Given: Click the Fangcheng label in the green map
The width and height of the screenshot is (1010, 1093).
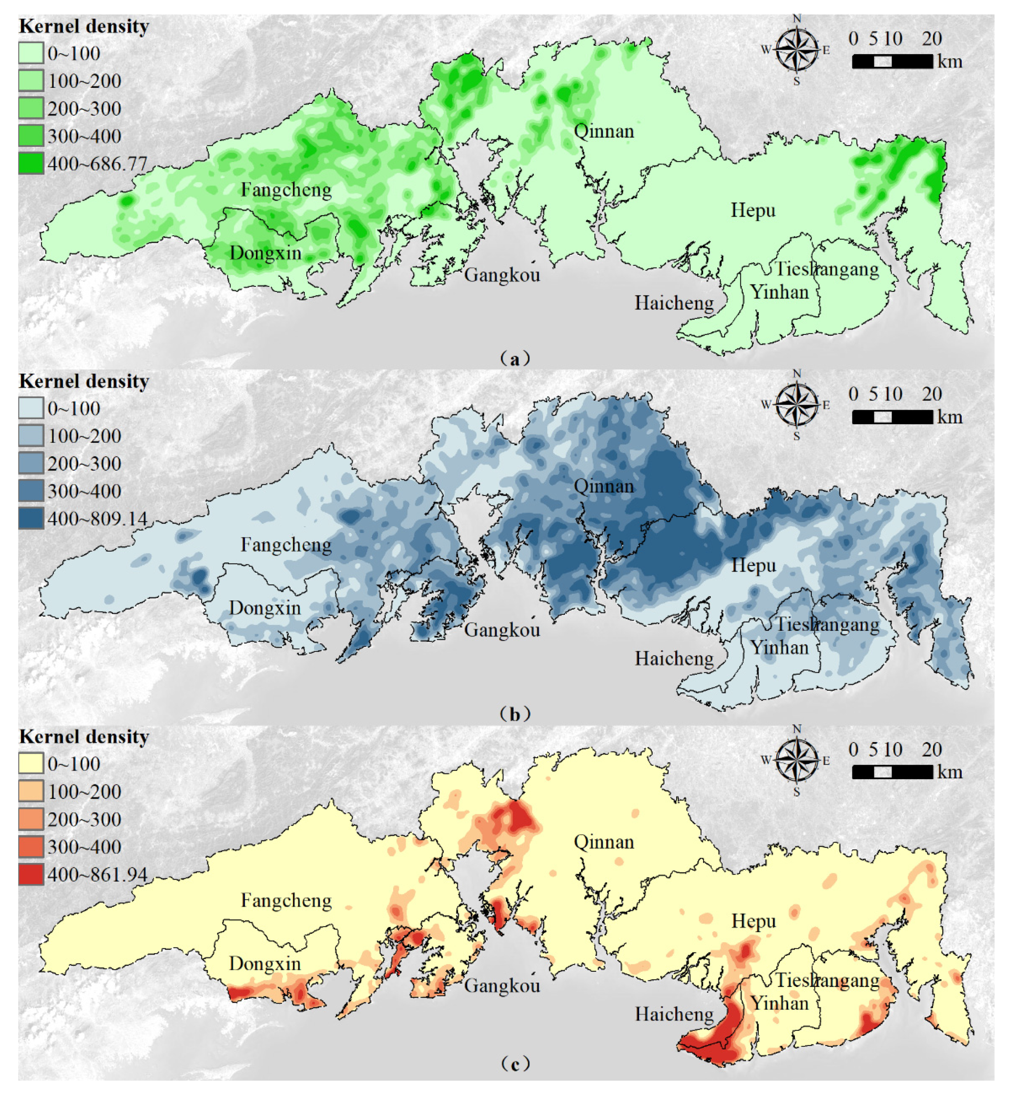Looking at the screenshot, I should (x=286, y=190).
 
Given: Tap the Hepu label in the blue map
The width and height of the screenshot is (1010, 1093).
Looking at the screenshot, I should (x=753, y=565).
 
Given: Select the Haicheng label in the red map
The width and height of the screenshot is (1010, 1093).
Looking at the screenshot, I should (x=674, y=1014).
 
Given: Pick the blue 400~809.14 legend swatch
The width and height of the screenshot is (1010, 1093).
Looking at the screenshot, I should (x=31, y=518).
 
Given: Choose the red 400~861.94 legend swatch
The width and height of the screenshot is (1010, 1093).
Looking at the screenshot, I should (x=31, y=874).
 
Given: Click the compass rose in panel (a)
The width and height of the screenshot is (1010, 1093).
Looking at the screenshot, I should (x=797, y=50).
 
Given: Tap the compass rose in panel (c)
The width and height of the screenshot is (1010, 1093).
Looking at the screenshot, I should (x=797, y=761).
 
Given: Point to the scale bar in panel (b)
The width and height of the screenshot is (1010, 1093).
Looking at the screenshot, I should (x=892, y=417).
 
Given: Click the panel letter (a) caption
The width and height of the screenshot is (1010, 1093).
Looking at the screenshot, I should (x=514, y=359).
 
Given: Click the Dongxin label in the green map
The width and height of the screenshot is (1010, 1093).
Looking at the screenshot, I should (x=265, y=253).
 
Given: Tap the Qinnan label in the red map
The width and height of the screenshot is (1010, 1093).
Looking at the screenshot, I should (x=604, y=842).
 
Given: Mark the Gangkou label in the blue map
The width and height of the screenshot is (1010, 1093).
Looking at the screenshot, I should (x=502, y=630).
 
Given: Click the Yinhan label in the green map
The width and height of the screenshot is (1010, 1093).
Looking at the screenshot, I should (x=779, y=292).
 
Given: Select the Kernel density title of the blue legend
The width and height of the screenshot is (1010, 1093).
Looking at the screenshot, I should (x=84, y=381).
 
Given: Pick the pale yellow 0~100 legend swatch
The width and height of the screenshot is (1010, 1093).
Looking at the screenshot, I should (x=31, y=764).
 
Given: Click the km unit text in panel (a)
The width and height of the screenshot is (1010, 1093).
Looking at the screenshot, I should (x=950, y=61).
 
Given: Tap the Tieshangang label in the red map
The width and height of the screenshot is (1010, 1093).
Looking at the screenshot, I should (x=827, y=980).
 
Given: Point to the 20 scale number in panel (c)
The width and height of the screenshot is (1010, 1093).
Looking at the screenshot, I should (x=932, y=750).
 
